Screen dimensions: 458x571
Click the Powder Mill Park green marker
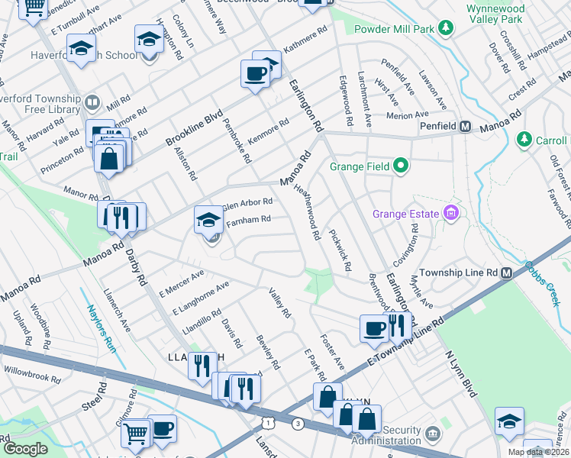(x=445, y=28)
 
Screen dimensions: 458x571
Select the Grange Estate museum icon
(x=452, y=213)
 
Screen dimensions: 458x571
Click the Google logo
(x=25, y=448)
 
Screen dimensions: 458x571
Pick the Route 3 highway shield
(x=297, y=423)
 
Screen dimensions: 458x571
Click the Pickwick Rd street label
(x=340, y=249)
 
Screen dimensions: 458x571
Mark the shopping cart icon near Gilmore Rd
(x=135, y=433)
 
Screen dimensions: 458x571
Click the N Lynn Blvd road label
(x=461, y=375)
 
